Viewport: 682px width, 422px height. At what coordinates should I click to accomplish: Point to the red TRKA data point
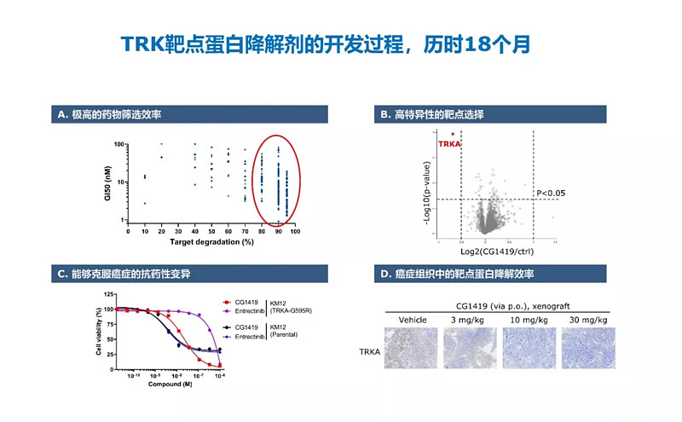453,134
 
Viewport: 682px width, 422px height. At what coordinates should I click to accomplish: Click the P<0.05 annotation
551,194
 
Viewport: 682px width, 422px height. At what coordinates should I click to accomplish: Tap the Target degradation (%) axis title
211,243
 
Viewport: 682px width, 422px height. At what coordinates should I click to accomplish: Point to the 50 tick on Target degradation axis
211,231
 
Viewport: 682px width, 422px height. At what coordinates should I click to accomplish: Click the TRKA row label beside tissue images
369,350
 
